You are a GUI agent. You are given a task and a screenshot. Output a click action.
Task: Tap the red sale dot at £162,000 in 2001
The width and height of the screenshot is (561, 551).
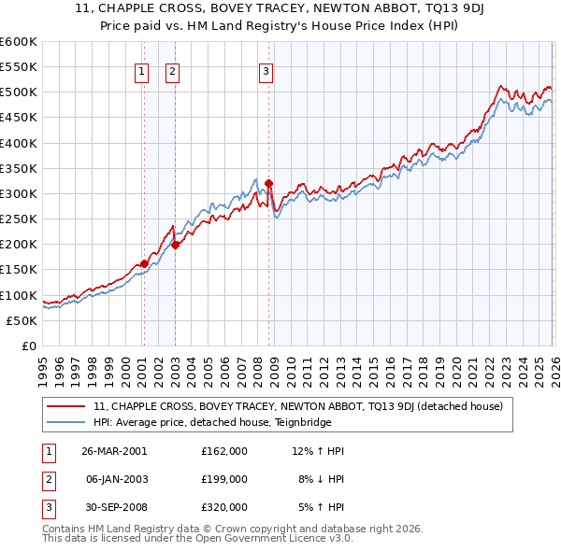click(x=144, y=263)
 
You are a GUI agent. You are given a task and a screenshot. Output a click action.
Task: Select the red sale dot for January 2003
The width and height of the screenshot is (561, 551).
click(x=175, y=245)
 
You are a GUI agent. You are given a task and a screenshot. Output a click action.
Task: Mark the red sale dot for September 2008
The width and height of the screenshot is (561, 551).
click(x=269, y=183)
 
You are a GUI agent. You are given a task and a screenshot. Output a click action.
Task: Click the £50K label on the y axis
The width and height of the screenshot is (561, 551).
click(x=22, y=320)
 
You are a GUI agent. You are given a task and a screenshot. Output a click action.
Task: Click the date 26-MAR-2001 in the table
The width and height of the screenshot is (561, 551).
click(x=114, y=451)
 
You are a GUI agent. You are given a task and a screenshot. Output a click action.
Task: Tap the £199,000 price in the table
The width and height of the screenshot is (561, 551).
click(x=224, y=478)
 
